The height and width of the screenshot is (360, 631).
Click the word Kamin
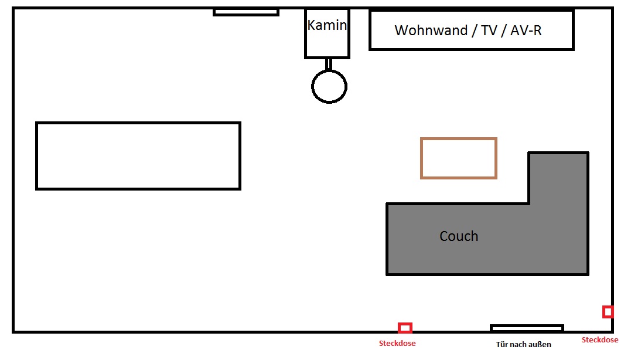327,25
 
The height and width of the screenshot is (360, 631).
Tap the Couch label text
459,236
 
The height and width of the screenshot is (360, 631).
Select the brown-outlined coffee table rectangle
458,158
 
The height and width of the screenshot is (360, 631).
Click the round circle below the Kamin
329,87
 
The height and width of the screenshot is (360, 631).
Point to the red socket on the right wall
608,312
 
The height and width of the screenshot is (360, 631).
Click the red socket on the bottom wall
405,328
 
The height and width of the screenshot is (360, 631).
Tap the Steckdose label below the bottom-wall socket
397,344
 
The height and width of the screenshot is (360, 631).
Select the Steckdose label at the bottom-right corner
599,340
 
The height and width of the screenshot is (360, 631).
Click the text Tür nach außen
523,344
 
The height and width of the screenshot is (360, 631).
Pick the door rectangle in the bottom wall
527,328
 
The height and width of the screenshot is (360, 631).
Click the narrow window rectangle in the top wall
246,12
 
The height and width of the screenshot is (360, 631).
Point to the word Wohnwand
431,30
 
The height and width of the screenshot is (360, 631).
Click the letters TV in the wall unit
489,30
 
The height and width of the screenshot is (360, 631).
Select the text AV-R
526,30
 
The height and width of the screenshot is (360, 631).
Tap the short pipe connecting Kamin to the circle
329,64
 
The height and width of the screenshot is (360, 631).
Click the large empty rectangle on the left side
138,156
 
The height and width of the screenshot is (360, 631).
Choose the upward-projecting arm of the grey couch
558,178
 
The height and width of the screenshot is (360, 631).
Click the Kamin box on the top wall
327,33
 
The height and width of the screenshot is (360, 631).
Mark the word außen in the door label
538,344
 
